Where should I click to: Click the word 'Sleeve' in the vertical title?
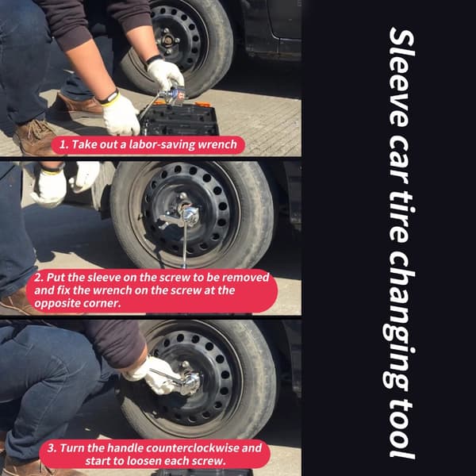(x=401, y=77)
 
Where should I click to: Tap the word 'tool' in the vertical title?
(x=401, y=429)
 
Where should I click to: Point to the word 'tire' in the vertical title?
(x=401, y=217)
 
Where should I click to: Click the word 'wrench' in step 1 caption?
(x=217, y=144)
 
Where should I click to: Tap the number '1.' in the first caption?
(x=63, y=144)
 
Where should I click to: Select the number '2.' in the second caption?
(x=38, y=278)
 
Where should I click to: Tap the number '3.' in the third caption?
(x=52, y=448)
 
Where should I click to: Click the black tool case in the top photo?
(x=179, y=119)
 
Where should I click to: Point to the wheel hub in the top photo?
(x=168, y=40)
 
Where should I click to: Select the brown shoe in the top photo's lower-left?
(x=35, y=136)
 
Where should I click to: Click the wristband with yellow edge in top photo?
(x=109, y=98)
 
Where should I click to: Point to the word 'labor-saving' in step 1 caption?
(x=162, y=145)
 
